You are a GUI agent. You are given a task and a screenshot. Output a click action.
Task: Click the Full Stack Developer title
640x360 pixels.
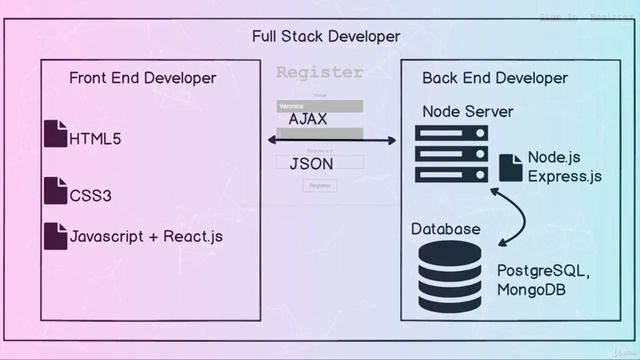(326, 37)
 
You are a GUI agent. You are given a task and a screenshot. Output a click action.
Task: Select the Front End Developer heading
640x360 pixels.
(142, 78)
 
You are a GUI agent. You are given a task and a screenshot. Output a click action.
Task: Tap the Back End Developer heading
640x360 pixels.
(494, 78)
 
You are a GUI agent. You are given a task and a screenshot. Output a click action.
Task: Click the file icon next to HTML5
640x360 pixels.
(55, 134)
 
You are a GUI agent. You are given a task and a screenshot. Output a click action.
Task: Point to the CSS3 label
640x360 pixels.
(90, 195)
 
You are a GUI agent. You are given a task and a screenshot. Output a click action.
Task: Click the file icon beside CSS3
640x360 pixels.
(55, 190)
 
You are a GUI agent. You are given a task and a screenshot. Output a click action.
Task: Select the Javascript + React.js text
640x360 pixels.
(146, 237)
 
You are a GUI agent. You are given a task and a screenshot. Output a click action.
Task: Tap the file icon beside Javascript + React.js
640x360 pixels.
(55, 236)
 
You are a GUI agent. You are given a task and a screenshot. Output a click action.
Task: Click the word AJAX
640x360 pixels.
(308, 119)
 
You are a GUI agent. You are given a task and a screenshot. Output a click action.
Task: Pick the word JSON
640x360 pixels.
(311, 163)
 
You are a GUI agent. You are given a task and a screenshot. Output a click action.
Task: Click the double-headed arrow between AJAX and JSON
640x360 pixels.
(318, 141)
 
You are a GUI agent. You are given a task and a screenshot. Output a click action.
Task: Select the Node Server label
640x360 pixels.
(467, 111)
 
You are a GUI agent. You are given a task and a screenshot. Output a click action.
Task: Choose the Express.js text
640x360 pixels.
(565, 177)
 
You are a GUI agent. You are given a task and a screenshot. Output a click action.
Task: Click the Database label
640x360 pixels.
(446, 229)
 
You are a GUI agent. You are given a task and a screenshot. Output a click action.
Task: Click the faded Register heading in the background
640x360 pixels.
(319, 72)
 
